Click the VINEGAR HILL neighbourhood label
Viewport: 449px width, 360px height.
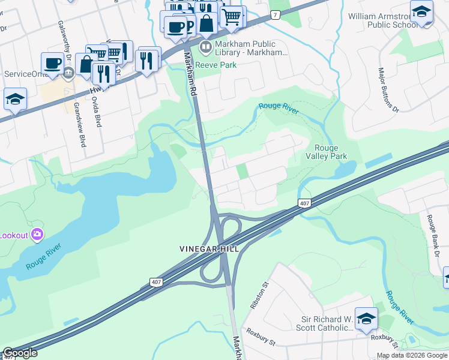pyautogui.click(x=209, y=249)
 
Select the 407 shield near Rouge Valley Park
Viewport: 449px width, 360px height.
pyautogui.click(x=304, y=204)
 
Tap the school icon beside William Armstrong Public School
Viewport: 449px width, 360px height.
pyautogui.click(x=421, y=12)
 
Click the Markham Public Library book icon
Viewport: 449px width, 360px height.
pyautogui.click(x=206, y=47)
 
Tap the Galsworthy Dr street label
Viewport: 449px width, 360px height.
pyautogui.click(x=64, y=41)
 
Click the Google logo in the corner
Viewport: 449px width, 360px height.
pyautogui.click(x=19, y=353)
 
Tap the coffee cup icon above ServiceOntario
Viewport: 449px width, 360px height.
pyautogui.click(x=53, y=62)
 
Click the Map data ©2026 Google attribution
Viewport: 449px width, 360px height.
pyautogui.click(x=412, y=355)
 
